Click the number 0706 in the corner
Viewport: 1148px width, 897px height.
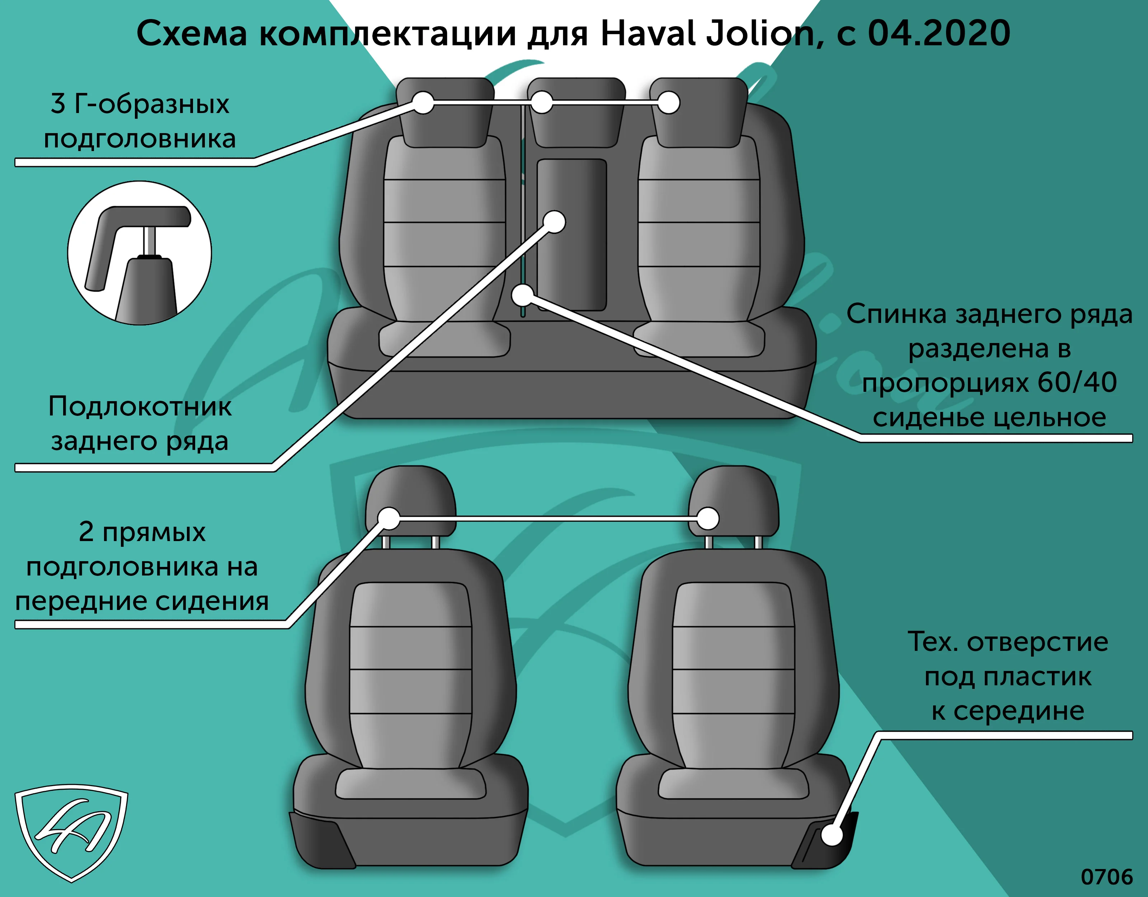pyautogui.click(x=1106, y=877)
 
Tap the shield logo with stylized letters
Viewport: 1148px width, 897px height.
pyautogui.click(x=71, y=832)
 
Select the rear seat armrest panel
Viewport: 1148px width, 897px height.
pyautogui.click(x=571, y=235)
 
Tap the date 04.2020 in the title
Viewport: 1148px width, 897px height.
pyautogui.click(x=939, y=33)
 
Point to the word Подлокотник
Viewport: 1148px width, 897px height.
pyautogui.click(x=140, y=407)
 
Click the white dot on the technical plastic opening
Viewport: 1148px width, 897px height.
pyautogui.click(x=832, y=835)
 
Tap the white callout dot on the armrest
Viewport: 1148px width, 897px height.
pyautogui.click(x=554, y=222)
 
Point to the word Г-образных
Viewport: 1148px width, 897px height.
pyautogui.click(x=152, y=104)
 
